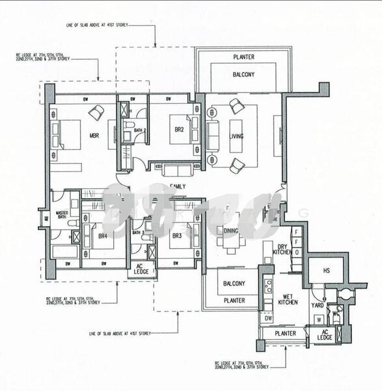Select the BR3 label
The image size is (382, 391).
[x=175, y=236]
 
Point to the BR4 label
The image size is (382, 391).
[x=102, y=236]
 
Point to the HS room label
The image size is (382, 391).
[x=318, y=270]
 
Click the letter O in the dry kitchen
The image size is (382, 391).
[x=295, y=252]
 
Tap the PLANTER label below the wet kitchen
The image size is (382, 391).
[x=285, y=334]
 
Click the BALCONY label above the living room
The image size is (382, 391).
[x=243, y=75]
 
